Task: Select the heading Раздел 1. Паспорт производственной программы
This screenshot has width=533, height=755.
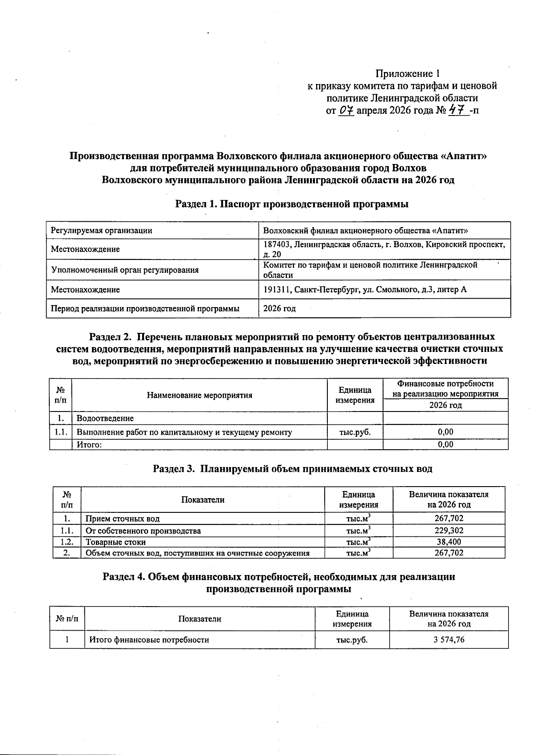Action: [292, 204]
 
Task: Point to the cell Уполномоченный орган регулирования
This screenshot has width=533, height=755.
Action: [125, 270]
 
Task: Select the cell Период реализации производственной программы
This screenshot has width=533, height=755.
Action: [145, 308]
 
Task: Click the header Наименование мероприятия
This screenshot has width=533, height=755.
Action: [199, 395]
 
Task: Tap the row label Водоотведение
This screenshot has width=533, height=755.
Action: [105, 418]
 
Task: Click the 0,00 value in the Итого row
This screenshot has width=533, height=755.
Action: [445, 444]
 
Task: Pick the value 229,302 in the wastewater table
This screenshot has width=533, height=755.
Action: [449, 531]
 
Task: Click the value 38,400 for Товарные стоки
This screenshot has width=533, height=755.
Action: [449, 542]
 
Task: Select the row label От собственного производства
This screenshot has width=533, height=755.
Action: [143, 531]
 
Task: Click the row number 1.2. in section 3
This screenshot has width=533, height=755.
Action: [67, 542]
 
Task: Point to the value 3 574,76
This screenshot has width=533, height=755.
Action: [449, 640]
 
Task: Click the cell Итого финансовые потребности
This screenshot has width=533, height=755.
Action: [149, 640]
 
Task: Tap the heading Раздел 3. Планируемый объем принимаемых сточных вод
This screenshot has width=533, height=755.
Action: [292, 469]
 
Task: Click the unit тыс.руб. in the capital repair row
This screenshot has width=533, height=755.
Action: [355, 432]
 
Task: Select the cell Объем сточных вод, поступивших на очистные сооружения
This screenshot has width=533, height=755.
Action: [197, 553]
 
